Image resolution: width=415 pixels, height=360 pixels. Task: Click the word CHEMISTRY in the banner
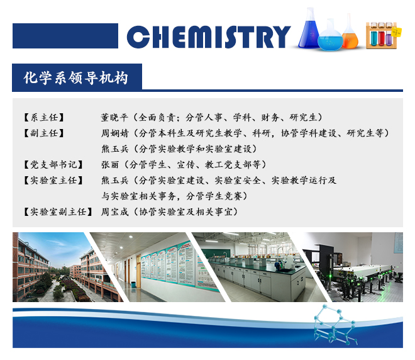pos(209,37)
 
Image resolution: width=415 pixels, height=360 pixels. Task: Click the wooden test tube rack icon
pos(383,35)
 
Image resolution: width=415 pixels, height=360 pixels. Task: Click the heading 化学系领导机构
pos(75,78)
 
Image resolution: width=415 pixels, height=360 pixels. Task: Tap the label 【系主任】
pos(43,117)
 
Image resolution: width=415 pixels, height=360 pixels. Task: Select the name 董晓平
pos(114,117)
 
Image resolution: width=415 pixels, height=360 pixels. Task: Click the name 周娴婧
pos(114,133)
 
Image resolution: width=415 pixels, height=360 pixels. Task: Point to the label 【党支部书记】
pos(53,164)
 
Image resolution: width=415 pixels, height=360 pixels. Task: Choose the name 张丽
pos(110,164)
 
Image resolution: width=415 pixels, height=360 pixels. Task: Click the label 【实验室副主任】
pos(58,211)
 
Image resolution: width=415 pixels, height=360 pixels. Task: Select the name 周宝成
pos(114,211)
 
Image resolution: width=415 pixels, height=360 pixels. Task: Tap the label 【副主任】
pos(43,133)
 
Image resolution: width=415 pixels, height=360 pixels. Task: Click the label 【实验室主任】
pos(53,181)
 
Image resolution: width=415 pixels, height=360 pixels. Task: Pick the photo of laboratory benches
pos(259,267)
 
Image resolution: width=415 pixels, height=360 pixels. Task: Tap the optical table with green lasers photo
pos(355,267)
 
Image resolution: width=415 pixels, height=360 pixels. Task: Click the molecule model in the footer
pos(335,325)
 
